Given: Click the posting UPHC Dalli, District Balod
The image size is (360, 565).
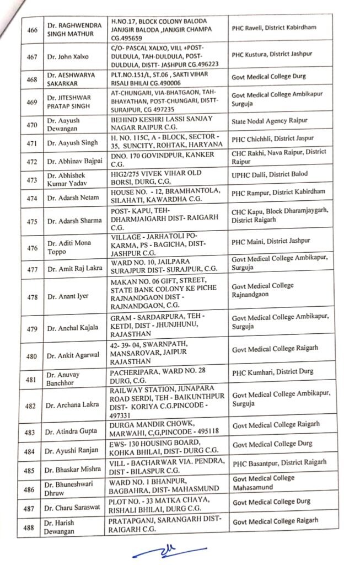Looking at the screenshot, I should (x=268, y=174).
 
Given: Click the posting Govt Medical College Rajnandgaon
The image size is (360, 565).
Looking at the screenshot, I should (x=264, y=290).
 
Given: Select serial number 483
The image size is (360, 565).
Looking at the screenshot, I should (x=33, y=431).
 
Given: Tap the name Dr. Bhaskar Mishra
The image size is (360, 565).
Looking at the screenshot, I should (x=74, y=468).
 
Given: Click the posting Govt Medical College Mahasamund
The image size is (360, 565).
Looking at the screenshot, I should (x=263, y=483).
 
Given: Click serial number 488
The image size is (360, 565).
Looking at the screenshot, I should (x=33, y=526).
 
